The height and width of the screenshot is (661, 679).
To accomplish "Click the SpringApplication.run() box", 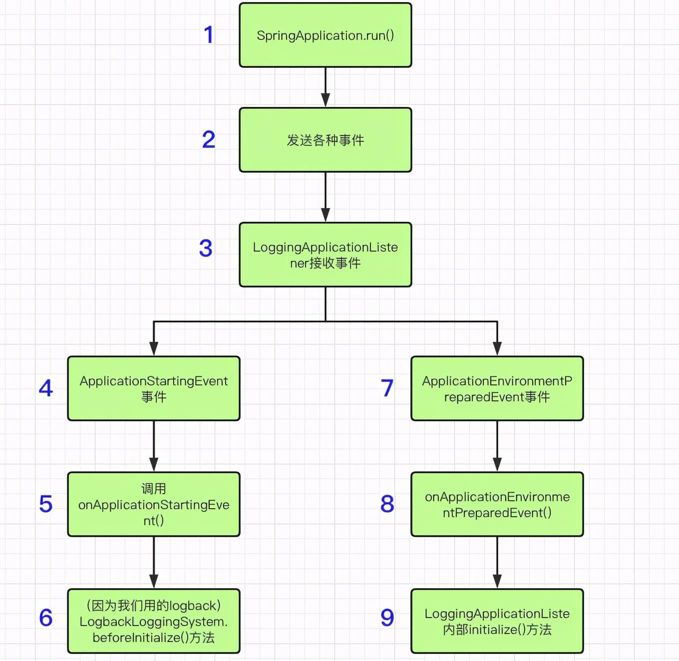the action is (325, 35).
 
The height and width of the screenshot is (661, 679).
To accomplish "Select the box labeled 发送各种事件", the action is (325, 140).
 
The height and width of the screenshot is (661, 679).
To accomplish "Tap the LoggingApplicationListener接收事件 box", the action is (325, 255).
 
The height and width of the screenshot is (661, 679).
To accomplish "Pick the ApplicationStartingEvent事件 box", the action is (154, 388).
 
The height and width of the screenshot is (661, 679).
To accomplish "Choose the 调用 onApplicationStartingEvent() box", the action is (154, 504).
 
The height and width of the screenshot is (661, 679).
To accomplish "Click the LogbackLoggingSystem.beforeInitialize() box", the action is (154, 621).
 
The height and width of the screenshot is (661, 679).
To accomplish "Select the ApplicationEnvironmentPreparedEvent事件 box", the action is (497, 388).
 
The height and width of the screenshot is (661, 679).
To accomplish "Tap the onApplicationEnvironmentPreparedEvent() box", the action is (497, 504).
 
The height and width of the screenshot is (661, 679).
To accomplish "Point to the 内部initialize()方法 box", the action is (497, 621).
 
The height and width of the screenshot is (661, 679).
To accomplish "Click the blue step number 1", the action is (209, 34).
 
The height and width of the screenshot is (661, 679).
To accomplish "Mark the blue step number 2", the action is (209, 139).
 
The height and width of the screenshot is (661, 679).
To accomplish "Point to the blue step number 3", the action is (206, 248).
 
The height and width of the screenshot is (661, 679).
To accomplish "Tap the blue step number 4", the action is (46, 388).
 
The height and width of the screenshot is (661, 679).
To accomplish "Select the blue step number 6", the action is (46, 618).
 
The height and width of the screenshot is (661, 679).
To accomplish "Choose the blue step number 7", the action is (387, 388).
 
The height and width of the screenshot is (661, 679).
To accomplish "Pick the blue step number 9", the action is (387, 618).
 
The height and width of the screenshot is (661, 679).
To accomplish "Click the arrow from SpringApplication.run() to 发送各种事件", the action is (326, 87).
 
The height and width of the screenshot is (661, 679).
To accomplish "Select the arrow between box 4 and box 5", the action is (154, 446).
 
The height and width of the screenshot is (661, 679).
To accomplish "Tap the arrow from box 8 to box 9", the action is (497, 563).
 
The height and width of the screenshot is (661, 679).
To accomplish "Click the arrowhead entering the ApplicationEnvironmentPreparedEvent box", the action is (497, 349).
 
